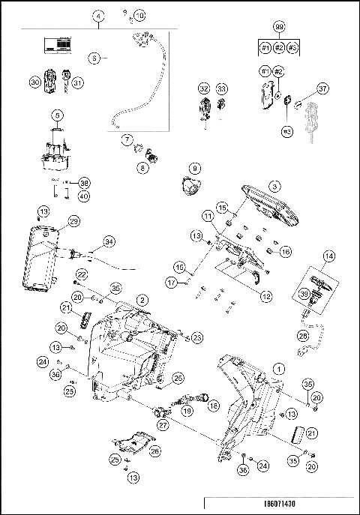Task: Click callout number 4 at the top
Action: point(99,15)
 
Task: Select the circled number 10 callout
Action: point(140,15)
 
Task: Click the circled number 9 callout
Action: point(193,168)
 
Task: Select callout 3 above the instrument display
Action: point(275,185)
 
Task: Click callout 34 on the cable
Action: point(109,241)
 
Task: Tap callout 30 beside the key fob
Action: point(34,82)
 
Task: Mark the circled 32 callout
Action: point(204,88)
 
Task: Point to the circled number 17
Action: point(172,282)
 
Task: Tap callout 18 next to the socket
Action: point(213,405)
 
